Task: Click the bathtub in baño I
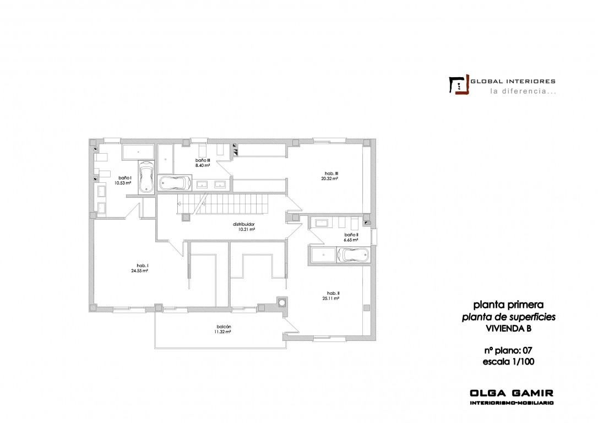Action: (x=146, y=177)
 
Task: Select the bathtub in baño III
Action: (x=175, y=183)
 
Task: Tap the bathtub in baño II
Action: (x=354, y=255)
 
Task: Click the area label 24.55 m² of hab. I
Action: (x=139, y=271)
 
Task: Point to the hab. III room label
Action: (x=329, y=173)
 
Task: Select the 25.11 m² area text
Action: (x=330, y=299)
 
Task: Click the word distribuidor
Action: (x=244, y=224)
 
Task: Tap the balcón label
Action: (x=224, y=327)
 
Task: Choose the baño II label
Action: (x=351, y=235)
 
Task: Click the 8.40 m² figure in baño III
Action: (x=203, y=166)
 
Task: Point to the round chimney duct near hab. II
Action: (x=282, y=302)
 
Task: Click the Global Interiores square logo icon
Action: (x=459, y=84)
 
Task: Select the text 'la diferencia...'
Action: (x=523, y=91)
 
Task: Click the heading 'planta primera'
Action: (x=508, y=305)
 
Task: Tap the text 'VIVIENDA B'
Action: (x=508, y=328)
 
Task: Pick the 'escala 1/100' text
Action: (x=508, y=362)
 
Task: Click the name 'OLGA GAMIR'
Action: (x=512, y=393)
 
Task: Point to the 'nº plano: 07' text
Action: (x=508, y=350)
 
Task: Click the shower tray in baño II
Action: (x=323, y=255)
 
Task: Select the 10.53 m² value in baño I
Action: (x=123, y=183)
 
